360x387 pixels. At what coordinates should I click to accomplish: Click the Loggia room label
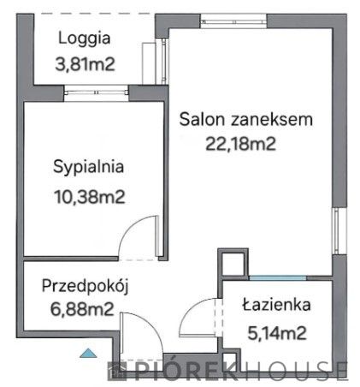[x=85, y=38]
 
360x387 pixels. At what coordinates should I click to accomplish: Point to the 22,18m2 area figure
[x=241, y=143]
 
